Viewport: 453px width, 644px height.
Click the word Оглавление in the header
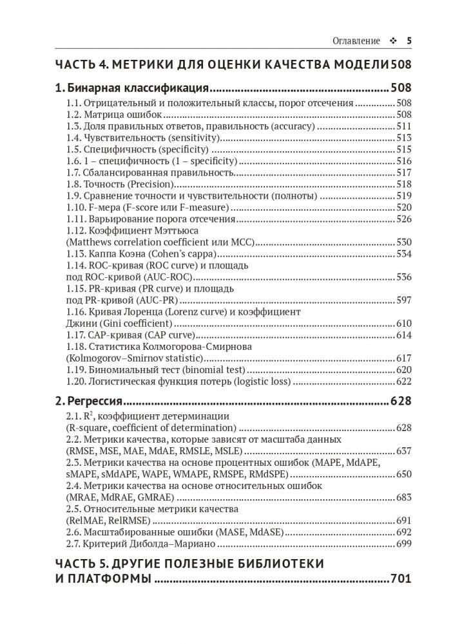tap(355, 40)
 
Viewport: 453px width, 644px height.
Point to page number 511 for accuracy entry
tap(403, 126)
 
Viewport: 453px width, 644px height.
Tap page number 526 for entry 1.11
tap(403, 219)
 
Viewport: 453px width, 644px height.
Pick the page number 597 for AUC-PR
tap(403, 300)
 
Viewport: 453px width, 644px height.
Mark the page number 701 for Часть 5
tap(401, 580)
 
